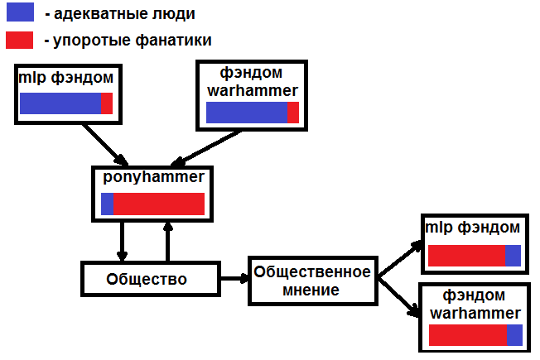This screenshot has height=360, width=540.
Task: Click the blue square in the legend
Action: pyautogui.click(x=20, y=12)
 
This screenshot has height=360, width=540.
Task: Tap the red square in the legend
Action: pyautogui.click(x=20, y=39)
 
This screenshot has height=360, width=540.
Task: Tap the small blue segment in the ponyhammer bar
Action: pyautogui.click(x=108, y=204)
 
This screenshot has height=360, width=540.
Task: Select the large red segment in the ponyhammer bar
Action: pyautogui.click(x=159, y=204)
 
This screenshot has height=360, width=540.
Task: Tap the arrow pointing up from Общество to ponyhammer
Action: pyautogui.click(x=168, y=241)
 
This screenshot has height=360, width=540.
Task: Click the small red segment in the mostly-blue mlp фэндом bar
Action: pyautogui.click(x=106, y=103)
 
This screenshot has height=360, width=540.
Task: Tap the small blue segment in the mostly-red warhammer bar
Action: pyautogui.click(x=514, y=335)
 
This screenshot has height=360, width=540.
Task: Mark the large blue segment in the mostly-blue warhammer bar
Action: pyautogui.click(x=246, y=113)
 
